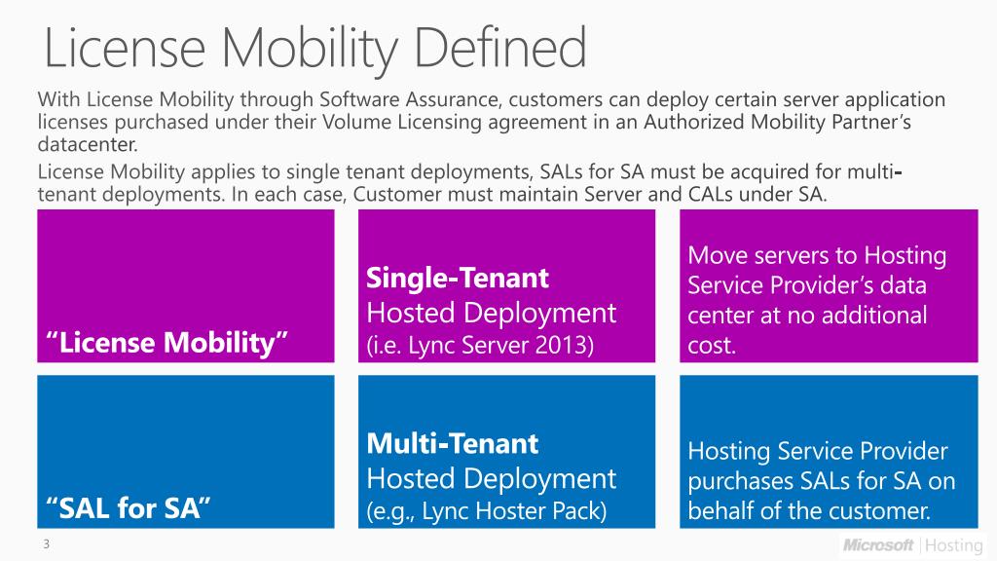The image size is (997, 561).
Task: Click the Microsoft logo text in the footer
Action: click(878, 544)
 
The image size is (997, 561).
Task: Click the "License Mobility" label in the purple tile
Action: click(166, 343)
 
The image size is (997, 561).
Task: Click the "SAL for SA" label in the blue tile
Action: click(129, 507)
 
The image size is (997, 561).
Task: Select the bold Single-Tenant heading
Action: click(458, 279)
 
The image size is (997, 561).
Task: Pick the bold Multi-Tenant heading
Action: click(452, 444)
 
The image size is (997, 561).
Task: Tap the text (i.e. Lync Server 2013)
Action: click(479, 346)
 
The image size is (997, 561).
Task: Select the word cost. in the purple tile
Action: click(712, 345)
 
